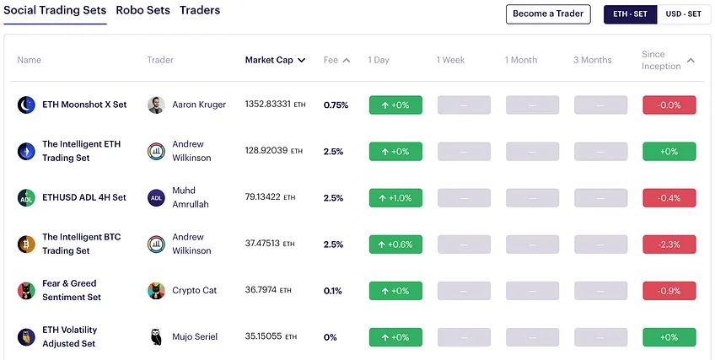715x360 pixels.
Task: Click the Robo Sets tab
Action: pos(142,10)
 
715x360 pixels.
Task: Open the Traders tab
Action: pos(200,10)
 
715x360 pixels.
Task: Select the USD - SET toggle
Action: pos(683,14)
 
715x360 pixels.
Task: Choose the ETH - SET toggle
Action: pos(630,14)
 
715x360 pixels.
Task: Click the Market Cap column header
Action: pos(275,60)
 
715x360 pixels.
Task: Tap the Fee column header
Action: pos(336,60)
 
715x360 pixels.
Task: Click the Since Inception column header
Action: pos(668,60)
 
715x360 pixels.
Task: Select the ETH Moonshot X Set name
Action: pos(84,105)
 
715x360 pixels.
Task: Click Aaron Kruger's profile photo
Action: pos(157,105)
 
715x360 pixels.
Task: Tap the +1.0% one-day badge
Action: pos(395,198)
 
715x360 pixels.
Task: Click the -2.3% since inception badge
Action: pos(669,244)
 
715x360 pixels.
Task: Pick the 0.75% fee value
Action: pos(336,105)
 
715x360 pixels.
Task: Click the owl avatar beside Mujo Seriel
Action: pos(157,337)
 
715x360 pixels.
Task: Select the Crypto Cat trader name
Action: pos(194,290)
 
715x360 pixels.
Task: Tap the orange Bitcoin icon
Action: pos(26,244)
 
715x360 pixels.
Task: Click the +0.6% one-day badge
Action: pos(395,244)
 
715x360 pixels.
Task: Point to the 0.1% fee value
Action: pos(332,291)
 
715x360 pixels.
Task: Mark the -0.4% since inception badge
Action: pos(669,198)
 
